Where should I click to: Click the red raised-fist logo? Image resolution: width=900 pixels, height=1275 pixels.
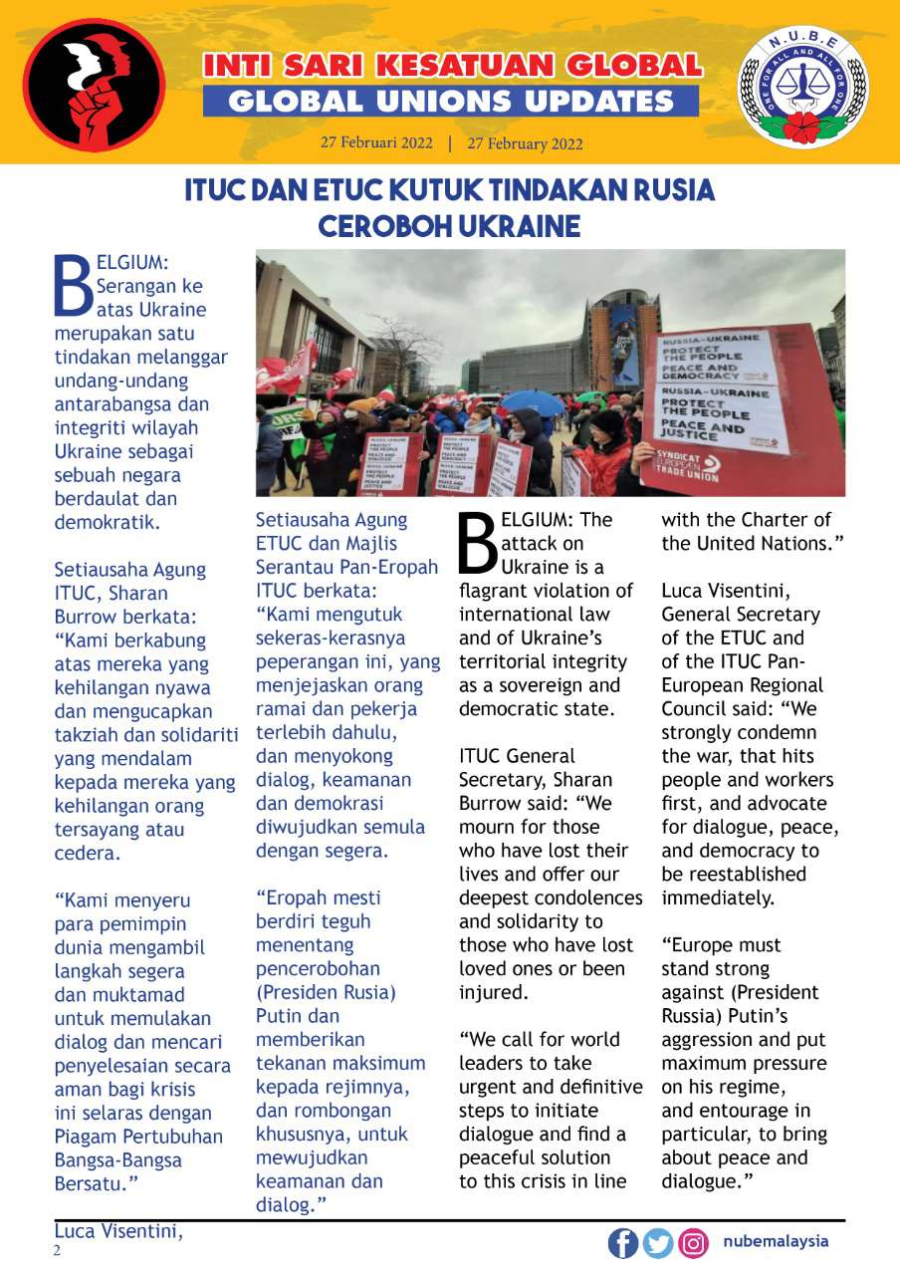[x=95, y=85]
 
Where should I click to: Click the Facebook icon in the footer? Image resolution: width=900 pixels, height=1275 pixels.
[x=623, y=1243]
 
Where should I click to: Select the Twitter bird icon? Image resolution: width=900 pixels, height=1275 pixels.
[x=658, y=1243]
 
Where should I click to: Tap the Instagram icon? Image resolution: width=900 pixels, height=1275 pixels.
[x=693, y=1243]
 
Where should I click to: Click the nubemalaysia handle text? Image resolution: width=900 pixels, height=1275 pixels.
[x=776, y=1242]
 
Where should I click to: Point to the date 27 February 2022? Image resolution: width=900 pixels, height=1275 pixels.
[x=525, y=143]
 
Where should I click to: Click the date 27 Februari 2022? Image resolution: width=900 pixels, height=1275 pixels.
[x=376, y=142]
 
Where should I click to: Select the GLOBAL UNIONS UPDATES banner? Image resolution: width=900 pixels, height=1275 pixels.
[x=450, y=101]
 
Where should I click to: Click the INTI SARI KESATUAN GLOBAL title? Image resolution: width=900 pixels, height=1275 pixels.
[x=452, y=66]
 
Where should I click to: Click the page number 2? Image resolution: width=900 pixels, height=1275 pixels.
[x=57, y=1251]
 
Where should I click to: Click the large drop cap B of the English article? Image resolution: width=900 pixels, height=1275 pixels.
[x=477, y=544]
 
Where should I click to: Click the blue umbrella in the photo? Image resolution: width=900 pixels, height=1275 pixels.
[x=531, y=401]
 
